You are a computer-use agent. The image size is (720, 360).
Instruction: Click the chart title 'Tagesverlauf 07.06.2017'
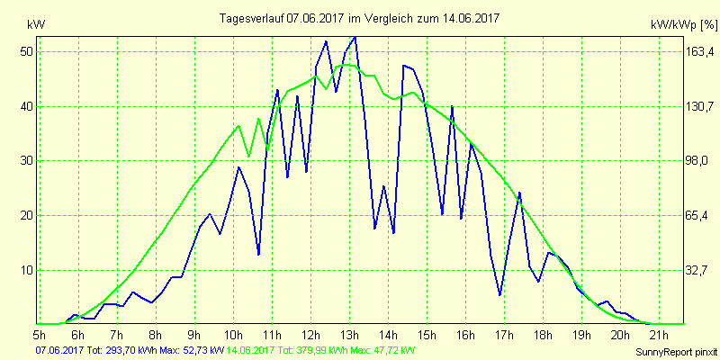pos(361,18)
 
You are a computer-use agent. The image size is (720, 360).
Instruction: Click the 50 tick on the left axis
pos(26,51)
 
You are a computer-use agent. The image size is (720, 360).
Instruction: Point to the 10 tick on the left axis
pos(26,270)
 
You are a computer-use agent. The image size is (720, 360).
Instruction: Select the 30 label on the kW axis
pos(26,161)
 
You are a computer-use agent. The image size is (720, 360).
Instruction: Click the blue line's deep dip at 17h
pos(499,295)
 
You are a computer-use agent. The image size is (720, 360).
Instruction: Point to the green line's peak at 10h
pos(238,125)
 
